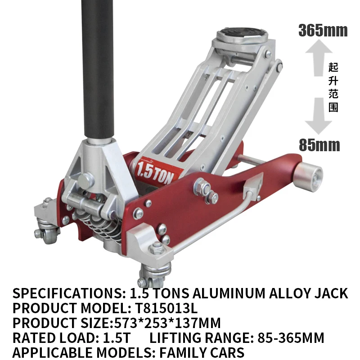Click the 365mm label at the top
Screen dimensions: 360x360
tap(323, 31)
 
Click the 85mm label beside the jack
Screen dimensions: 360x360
tap(319, 145)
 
